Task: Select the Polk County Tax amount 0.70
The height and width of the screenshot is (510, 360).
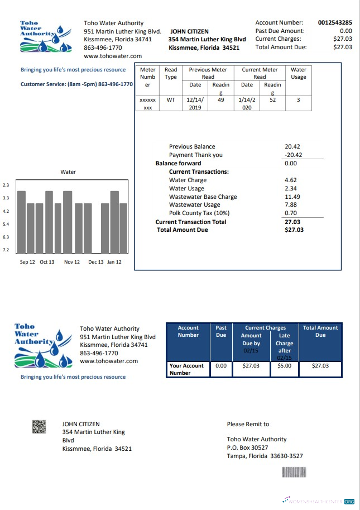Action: click(291, 213)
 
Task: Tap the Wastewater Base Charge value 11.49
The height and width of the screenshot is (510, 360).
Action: click(292, 197)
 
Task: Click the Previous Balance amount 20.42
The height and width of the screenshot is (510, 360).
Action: click(292, 147)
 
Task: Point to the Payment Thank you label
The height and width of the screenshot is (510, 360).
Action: click(195, 155)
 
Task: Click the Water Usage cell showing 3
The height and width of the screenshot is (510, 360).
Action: click(298, 100)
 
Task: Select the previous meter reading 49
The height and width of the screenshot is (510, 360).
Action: click(220, 100)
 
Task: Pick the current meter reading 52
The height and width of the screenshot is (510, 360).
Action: click(272, 100)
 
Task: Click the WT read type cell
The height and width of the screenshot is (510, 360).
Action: click(171, 100)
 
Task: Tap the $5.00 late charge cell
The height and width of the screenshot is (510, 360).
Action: click(284, 366)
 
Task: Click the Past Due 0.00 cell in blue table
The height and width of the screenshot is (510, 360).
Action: click(221, 366)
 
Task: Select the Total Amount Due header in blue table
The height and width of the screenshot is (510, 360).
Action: click(320, 332)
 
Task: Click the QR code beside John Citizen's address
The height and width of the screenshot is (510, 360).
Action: click(39, 428)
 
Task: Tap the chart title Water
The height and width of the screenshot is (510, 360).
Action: click(68, 172)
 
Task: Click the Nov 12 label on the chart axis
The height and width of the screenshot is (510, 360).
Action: click(72, 262)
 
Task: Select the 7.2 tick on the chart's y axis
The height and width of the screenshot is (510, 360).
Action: click(6, 250)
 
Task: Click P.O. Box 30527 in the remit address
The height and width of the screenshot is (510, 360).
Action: click(247, 447)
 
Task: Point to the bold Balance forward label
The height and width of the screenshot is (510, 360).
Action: click(178, 164)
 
